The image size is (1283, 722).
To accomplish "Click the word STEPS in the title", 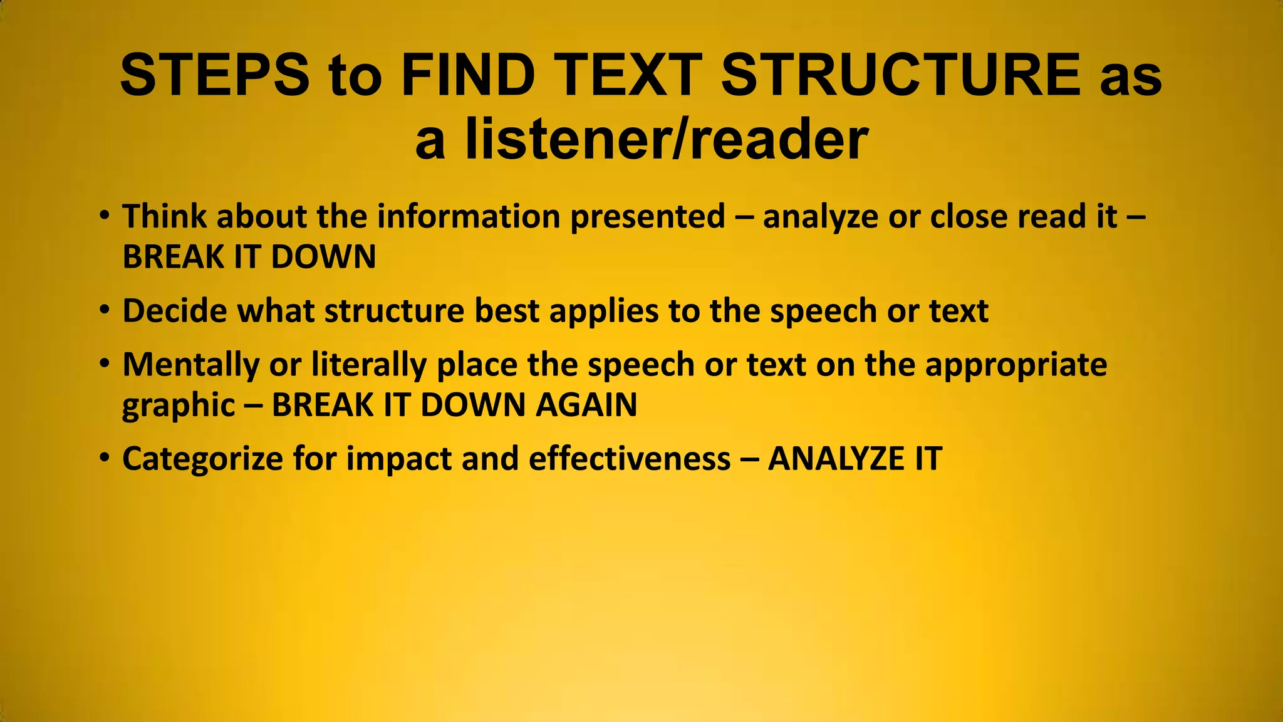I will (x=214, y=75).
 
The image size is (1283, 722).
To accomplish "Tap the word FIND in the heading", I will (x=468, y=75).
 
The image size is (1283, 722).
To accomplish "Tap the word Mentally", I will (x=190, y=365).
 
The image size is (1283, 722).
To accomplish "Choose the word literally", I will (x=369, y=365).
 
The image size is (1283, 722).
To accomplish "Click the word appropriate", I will (x=1016, y=365).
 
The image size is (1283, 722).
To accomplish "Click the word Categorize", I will (x=203, y=459).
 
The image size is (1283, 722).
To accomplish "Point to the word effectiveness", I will (x=630, y=459).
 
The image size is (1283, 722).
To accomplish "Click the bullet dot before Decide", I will (x=105, y=310).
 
